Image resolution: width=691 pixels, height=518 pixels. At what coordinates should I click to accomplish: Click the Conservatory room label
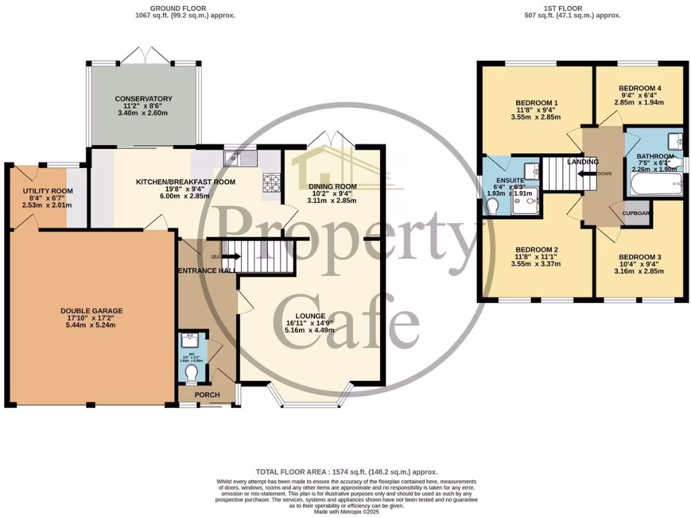pos(143,98)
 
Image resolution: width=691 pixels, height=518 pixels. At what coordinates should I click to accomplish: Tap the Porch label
pos(203,395)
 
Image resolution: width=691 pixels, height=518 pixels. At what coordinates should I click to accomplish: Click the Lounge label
pos(310,316)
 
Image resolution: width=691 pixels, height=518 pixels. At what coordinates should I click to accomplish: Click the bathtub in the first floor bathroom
pos(654,184)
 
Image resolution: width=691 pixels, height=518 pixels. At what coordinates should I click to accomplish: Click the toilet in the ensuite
pos(493,205)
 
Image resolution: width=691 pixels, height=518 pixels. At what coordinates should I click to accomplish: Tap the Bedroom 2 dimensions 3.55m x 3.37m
pos(536,264)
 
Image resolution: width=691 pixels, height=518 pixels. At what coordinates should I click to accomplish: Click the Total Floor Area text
pos(346,472)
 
